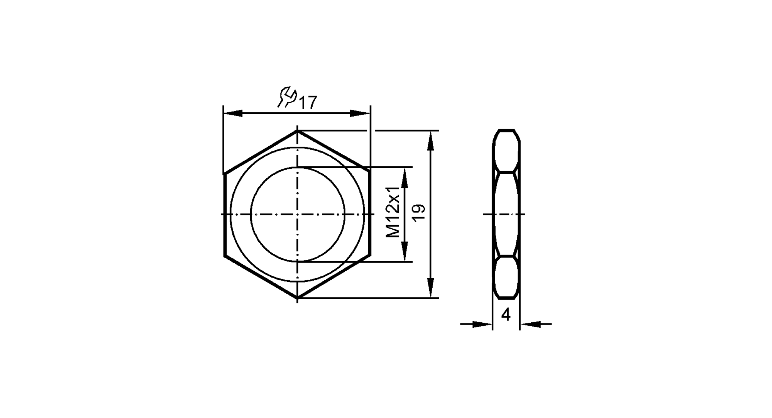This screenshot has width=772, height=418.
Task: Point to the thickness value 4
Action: [x=506, y=315]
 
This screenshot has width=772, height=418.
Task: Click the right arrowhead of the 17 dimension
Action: [x=360, y=113]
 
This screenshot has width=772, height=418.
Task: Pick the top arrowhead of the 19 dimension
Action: [x=431, y=141]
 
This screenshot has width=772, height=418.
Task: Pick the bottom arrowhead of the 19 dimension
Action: [x=431, y=288]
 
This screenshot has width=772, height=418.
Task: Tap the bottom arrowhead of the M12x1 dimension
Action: [x=404, y=252]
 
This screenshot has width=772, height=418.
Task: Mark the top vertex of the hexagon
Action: [x=297, y=131]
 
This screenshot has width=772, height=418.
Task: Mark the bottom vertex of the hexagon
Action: [x=297, y=298]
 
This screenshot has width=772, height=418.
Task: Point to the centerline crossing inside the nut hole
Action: [x=297, y=214]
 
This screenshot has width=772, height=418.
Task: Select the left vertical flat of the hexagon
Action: [x=224, y=214]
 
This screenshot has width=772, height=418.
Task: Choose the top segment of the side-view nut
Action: [x=506, y=151]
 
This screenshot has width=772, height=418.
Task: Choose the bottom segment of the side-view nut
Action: [x=506, y=278]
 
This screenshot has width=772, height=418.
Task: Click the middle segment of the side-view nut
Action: [x=506, y=214]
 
